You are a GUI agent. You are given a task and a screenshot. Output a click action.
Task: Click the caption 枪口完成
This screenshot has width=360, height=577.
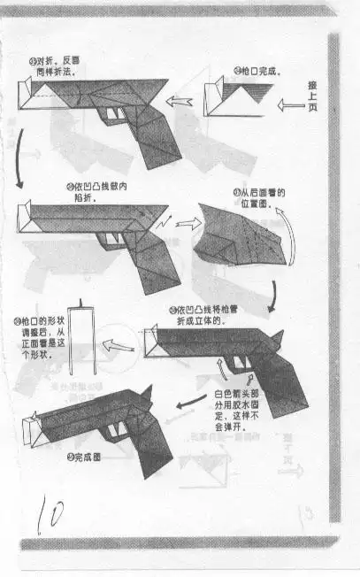[257, 71]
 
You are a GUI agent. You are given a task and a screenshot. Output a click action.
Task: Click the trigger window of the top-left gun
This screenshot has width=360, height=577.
[115, 115]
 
